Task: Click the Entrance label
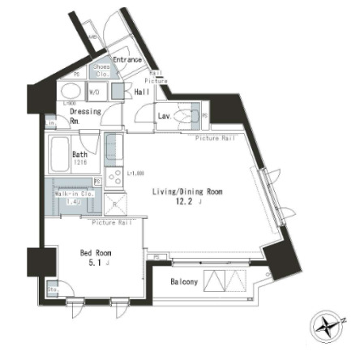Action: click(x=126, y=59)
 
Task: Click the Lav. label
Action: click(x=164, y=116)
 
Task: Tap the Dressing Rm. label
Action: click(x=84, y=115)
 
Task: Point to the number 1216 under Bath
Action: click(x=79, y=162)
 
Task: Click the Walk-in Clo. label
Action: click(x=74, y=195)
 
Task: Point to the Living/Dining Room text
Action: click(x=187, y=192)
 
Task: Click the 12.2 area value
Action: click(x=186, y=204)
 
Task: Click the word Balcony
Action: click(x=184, y=282)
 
